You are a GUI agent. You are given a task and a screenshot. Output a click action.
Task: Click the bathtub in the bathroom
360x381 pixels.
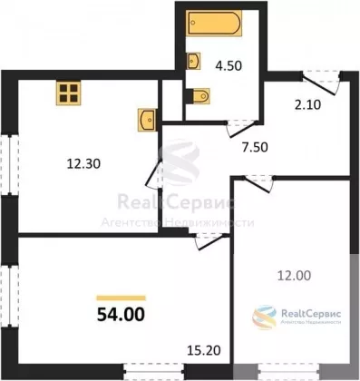(214, 24)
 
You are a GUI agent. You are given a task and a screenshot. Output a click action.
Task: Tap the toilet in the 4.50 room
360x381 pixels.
(199, 96)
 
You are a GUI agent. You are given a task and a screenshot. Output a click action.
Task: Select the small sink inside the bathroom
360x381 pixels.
(193, 61)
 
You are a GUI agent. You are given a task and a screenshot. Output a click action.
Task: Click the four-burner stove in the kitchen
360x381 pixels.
(68, 93)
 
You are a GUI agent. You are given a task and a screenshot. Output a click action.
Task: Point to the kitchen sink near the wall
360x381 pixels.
(147, 120)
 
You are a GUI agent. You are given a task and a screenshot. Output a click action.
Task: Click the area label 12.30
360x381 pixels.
(83, 164)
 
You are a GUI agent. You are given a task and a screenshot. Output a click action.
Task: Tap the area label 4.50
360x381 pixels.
(229, 65)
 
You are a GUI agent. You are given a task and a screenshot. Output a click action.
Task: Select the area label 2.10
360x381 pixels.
(306, 105)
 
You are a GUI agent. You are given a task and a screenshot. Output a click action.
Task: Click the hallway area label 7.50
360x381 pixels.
(255, 148)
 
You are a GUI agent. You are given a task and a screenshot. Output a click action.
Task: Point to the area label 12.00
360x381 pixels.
(295, 276)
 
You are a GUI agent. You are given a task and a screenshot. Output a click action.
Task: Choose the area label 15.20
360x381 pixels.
(204, 351)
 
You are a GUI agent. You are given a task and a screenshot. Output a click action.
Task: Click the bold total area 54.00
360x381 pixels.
(121, 315)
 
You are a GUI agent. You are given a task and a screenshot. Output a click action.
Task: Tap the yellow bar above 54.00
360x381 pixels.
(121, 298)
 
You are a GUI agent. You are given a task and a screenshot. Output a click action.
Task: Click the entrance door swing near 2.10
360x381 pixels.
(321, 83)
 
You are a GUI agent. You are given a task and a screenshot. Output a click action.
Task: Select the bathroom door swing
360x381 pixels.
(242, 129)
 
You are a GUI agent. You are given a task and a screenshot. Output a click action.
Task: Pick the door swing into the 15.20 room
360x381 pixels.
(211, 241)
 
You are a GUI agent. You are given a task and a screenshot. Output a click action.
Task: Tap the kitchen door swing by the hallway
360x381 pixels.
(155, 174)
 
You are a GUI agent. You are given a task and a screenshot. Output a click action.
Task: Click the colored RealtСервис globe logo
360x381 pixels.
(265, 317)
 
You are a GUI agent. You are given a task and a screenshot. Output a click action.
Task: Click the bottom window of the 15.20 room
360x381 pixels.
(154, 371)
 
